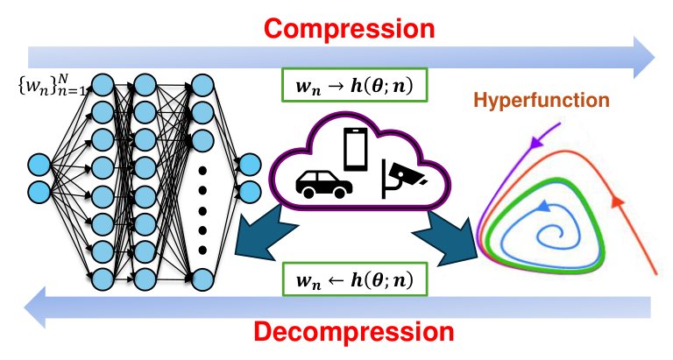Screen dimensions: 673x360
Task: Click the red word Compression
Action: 350,29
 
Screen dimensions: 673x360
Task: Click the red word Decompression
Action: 354,332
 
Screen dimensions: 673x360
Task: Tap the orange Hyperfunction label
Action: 542,101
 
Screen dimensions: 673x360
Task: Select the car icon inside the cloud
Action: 324,185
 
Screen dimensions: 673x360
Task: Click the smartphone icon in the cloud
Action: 356,149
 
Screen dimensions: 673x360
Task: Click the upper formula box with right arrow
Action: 355,85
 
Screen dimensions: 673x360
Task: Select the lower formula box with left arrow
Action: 355,279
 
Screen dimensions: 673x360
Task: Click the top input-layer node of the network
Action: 39,166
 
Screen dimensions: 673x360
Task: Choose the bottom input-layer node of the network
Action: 39,192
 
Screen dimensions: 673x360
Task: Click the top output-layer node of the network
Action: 251,166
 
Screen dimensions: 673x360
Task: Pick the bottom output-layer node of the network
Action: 251,192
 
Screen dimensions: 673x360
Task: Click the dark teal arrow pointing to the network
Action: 264,232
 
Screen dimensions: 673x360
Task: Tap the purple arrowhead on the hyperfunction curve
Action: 535,142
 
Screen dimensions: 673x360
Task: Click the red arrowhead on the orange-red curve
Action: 617,201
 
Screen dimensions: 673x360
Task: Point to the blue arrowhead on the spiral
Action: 543,207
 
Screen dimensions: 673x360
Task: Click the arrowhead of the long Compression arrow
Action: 644,58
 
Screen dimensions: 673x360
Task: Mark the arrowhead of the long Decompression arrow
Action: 35,307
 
